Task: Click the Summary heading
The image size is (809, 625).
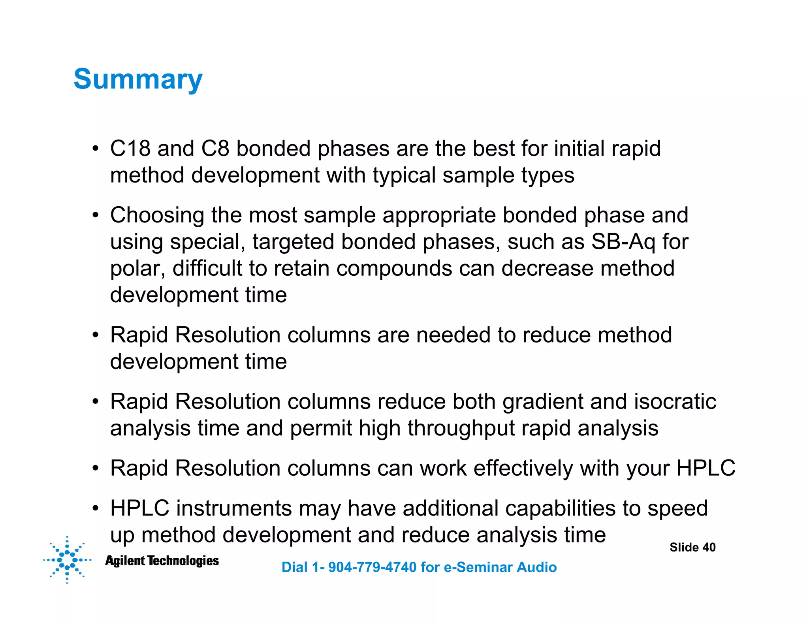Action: pos(138,79)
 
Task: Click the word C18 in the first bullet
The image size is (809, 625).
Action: pos(130,149)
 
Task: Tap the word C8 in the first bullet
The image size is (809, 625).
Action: pos(215,149)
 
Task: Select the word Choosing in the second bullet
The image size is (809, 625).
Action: pos(157,216)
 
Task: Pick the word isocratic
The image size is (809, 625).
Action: pos(675,401)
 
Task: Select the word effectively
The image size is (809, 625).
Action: pos(523,469)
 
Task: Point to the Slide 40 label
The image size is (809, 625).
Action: pos(692,547)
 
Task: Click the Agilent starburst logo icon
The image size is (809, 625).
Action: pos(67,559)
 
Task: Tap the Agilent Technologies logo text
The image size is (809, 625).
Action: pos(162,561)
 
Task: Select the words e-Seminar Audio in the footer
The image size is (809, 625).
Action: pos(500,567)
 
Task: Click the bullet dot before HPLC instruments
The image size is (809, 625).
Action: pos(95,509)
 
